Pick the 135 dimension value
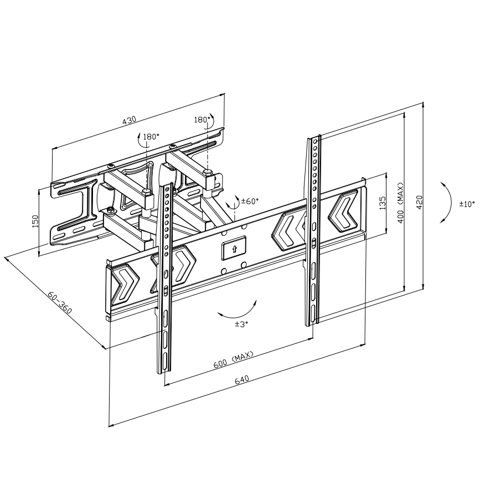point(382,203)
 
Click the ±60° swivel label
point(250,202)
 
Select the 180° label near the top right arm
point(202,120)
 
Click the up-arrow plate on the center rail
point(233,250)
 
